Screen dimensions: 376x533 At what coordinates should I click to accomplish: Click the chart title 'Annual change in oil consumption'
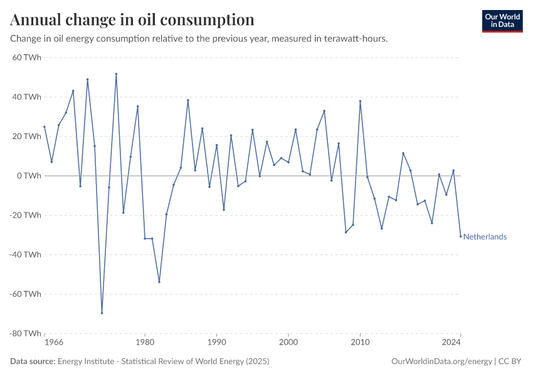click(x=132, y=19)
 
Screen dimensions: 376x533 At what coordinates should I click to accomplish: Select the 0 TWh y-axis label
click(x=29, y=175)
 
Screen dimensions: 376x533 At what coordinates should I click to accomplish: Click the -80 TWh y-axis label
click(x=25, y=333)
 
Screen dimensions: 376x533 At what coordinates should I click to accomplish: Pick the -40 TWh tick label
click(x=25, y=254)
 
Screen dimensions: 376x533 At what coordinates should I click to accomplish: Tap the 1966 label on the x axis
click(x=54, y=343)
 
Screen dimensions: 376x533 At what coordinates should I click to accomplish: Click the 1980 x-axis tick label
click(x=145, y=343)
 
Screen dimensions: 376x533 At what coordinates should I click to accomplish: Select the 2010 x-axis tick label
click(x=360, y=343)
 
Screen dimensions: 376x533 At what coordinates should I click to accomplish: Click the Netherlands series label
click(x=485, y=237)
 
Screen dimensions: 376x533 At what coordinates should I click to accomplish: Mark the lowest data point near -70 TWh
click(x=102, y=313)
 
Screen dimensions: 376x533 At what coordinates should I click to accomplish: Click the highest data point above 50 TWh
click(x=116, y=74)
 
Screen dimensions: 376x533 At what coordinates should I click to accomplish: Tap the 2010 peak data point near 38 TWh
click(x=360, y=101)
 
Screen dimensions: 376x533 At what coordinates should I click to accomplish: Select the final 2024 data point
click(x=460, y=236)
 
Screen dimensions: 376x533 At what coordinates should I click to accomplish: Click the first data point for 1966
click(x=45, y=127)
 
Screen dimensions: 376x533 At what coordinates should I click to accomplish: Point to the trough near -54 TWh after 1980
click(x=159, y=281)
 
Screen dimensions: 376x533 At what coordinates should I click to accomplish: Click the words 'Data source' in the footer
click(x=33, y=362)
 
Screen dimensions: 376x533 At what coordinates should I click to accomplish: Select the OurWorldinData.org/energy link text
click(x=441, y=362)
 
